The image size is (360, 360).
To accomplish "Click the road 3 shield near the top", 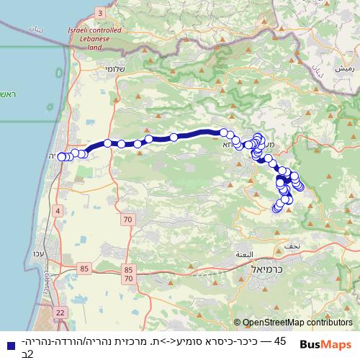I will coord(99,14).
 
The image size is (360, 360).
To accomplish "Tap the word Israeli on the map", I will coord(81,32).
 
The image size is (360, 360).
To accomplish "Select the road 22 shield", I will coord(60,312).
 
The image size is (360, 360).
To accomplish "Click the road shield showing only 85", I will coord(86,269).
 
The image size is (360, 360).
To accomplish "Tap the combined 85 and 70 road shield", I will coord(129,273).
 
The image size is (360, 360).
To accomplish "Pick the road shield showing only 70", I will coord(128,219).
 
